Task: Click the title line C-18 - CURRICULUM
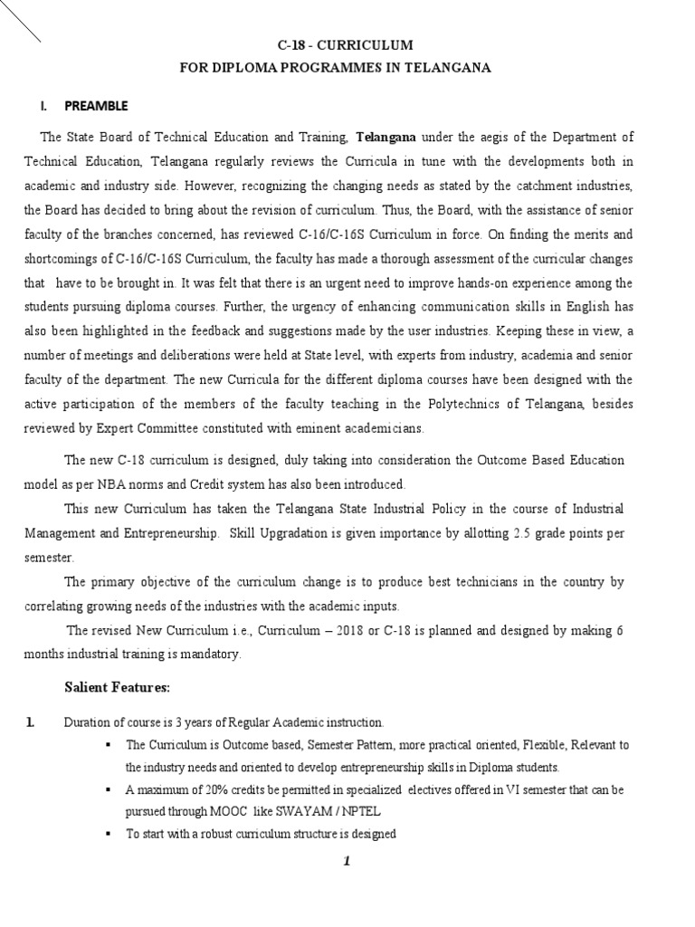344,44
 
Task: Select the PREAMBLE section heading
95,106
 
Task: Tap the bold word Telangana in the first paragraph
386,138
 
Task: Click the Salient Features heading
117,688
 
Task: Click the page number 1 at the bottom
345,862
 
